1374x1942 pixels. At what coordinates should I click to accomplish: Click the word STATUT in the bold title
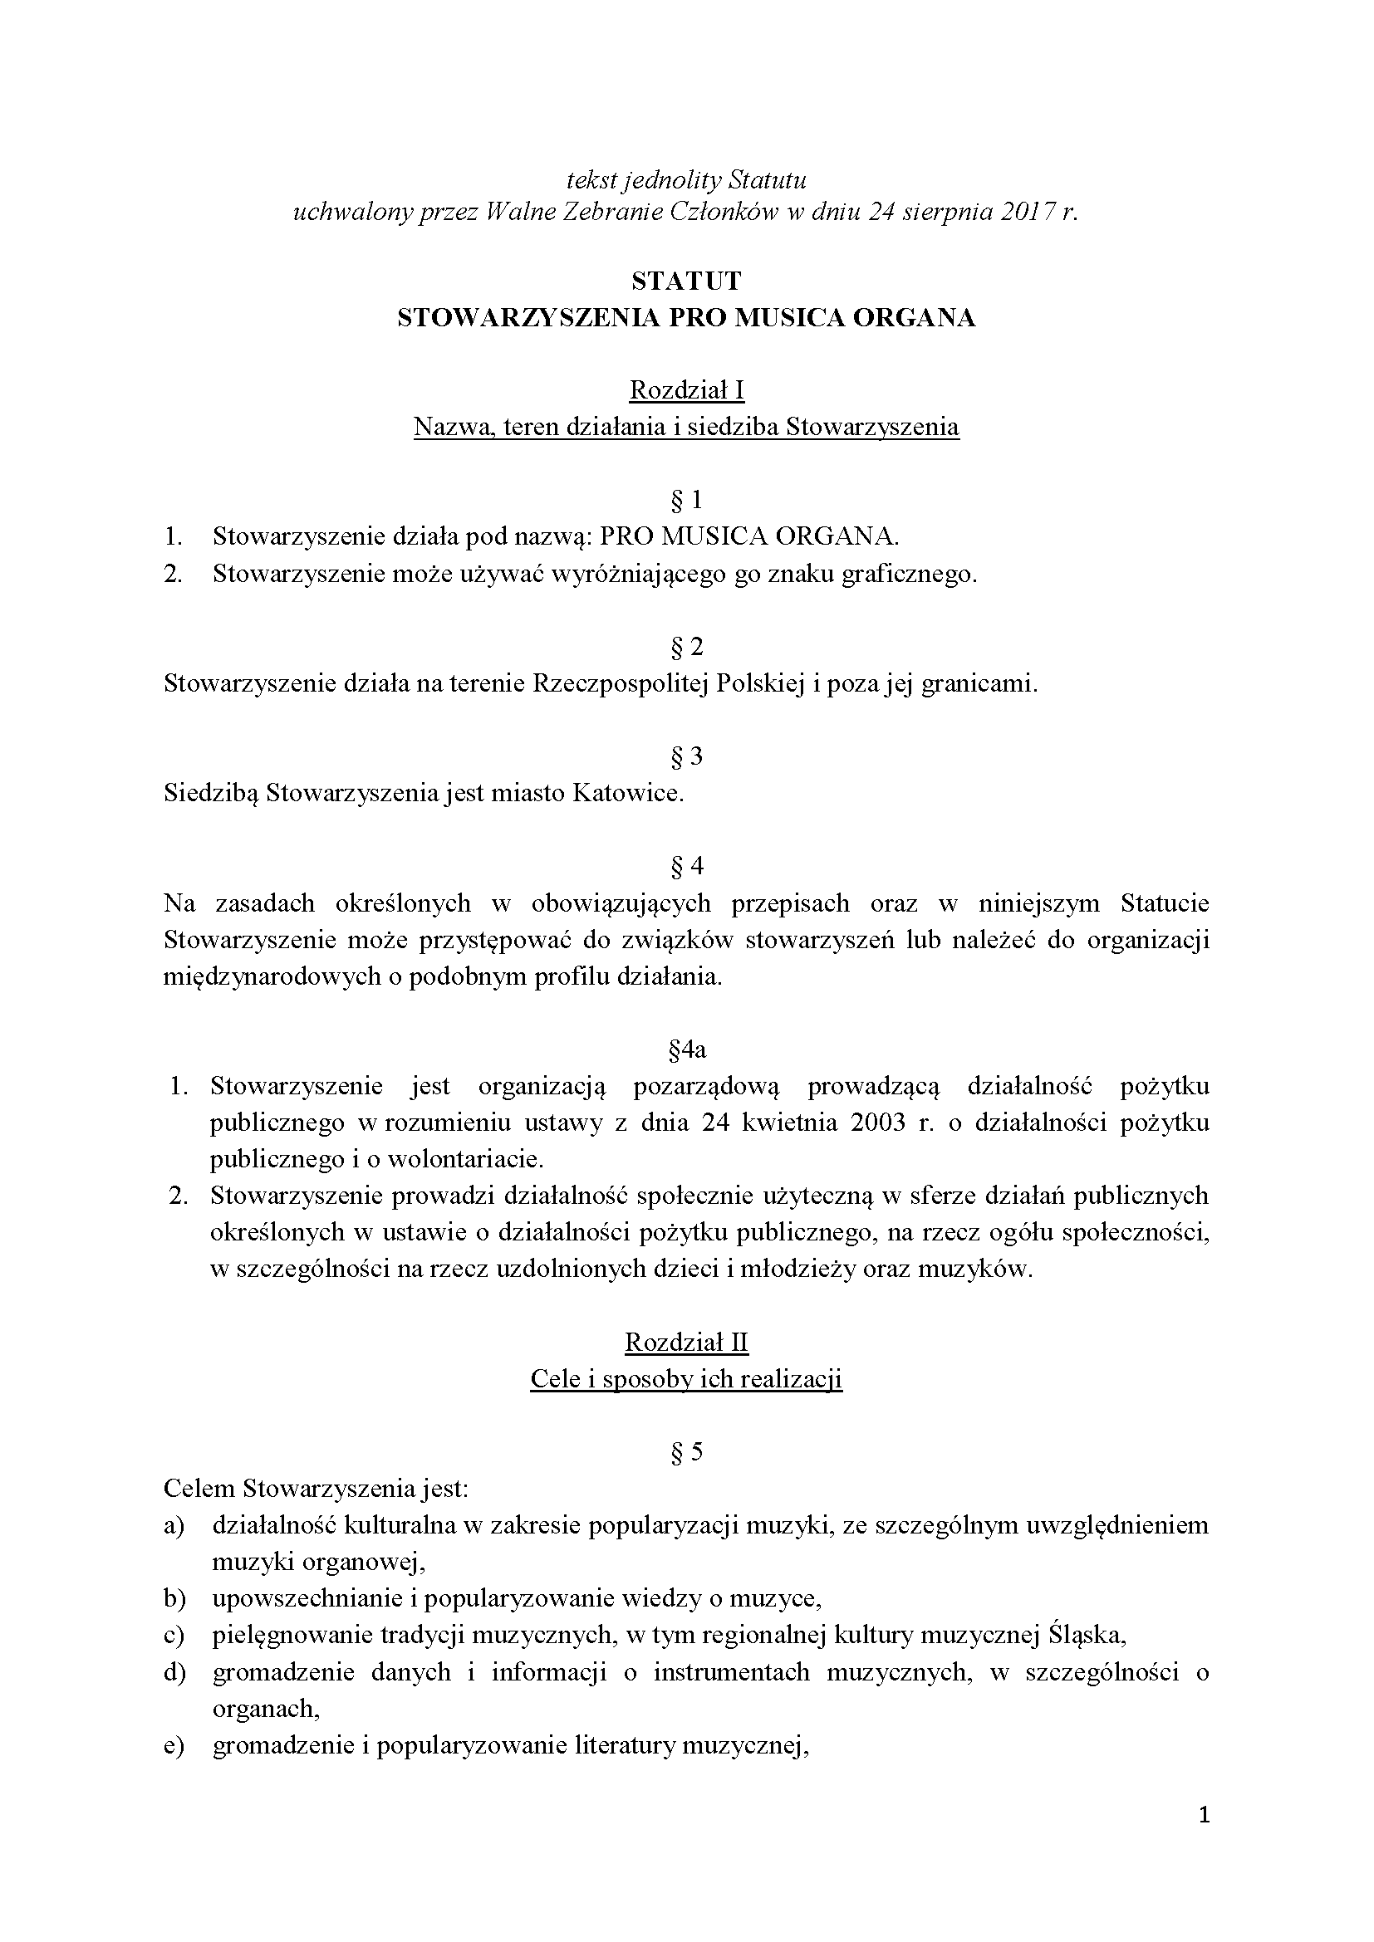click(686, 281)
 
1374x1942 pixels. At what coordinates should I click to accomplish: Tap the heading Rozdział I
click(686, 390)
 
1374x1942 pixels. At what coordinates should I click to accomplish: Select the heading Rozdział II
click(686, 1343)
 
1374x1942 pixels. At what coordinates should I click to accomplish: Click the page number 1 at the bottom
click(1205, 1838)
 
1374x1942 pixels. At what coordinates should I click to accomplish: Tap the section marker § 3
click(686, 756)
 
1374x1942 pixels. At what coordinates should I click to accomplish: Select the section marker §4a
click(687, 1049)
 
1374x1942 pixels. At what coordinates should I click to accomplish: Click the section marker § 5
click(686, 1452)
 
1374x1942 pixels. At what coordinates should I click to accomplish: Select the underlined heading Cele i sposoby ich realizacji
click(686, 1379)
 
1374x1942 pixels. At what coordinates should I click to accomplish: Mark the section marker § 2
click(686, 647)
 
